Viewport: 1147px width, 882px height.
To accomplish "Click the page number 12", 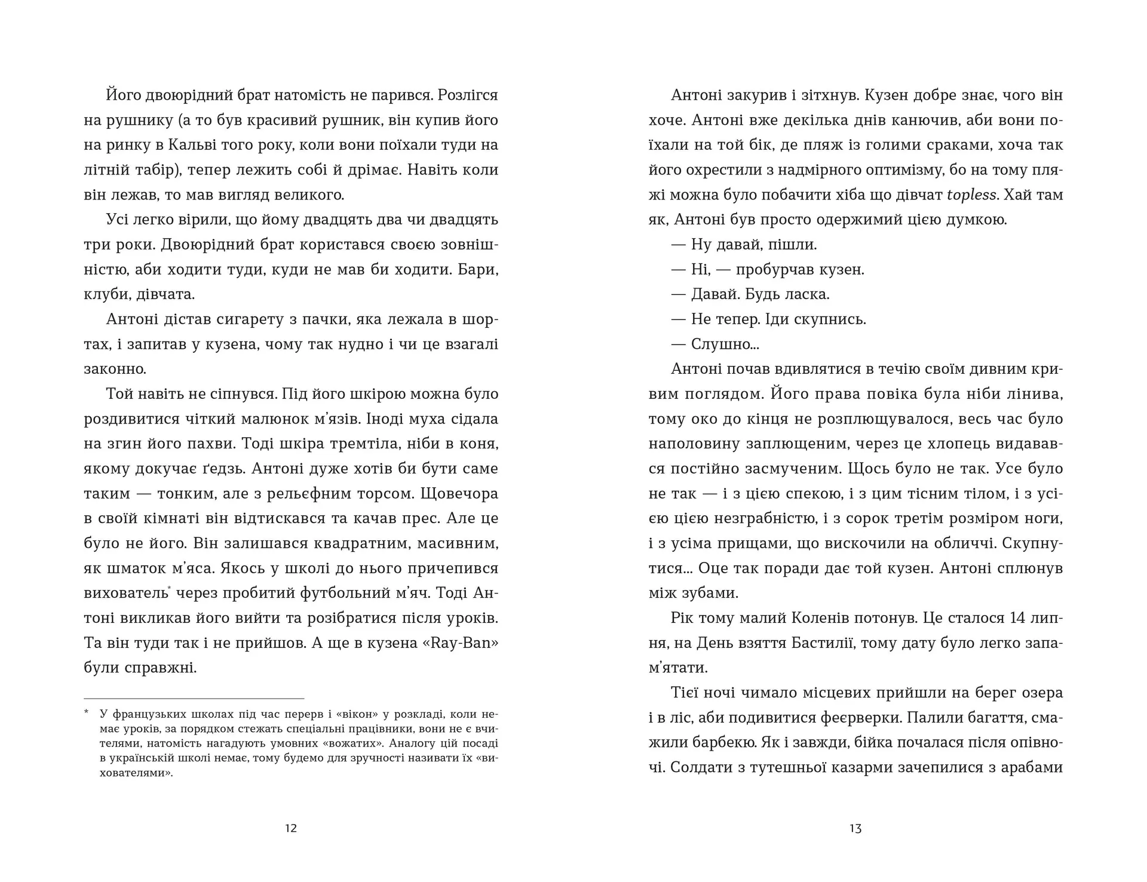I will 291,828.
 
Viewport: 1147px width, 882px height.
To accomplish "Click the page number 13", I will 855,828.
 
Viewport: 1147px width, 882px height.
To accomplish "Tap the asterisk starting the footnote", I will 87,712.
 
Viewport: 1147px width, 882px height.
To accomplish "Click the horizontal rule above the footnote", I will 194,698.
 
